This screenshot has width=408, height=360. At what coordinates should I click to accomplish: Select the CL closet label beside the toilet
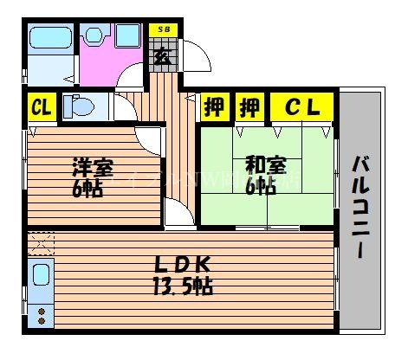point(40,108)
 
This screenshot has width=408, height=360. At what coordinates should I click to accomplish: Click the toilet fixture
point(80,108)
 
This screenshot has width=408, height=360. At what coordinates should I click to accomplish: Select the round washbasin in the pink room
point(94,35)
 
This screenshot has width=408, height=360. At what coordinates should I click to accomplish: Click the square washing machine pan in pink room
point(126,35)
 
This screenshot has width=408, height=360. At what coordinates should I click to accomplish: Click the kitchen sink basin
point(40,280)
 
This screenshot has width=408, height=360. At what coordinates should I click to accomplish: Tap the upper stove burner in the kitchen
point(39,310)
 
